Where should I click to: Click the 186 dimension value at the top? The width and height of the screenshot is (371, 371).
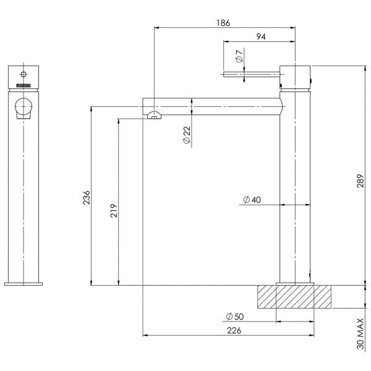coord(223,23)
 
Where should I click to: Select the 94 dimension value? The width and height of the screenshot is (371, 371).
coord(261,37)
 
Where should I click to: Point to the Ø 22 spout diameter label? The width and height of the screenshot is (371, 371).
coord(187,135)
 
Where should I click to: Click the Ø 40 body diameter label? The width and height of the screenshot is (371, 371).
coord(252,200)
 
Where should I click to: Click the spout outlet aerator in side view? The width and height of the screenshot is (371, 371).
coord(153,116)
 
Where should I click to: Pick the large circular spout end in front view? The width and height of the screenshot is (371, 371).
coord(23,107)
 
